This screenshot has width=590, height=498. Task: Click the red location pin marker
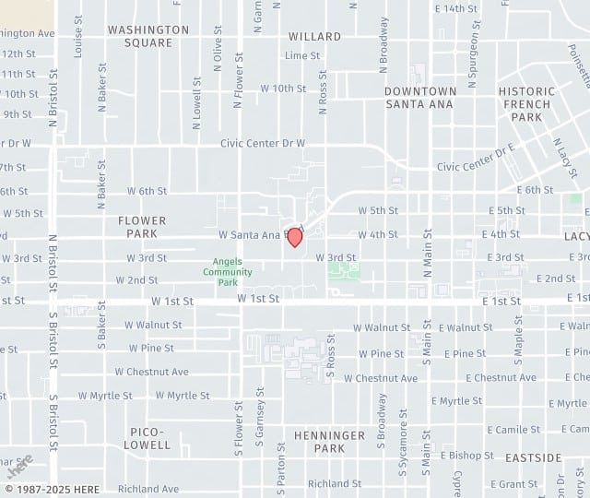click(295, 237)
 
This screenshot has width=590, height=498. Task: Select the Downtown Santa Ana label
click(420, 98)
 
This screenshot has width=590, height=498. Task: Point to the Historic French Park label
click(526, 104)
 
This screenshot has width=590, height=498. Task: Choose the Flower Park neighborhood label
click(142, 227)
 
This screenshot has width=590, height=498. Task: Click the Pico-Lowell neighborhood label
click(149, 438)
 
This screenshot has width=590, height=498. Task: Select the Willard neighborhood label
click(314, 37)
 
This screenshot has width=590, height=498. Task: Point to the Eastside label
click(534, 457)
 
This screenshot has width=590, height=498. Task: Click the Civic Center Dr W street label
click(262, 144)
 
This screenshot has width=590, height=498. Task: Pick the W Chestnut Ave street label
click(152, 372)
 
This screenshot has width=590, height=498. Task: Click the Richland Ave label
click(148, 489)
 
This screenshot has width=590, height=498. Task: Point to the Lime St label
click(302, 55)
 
